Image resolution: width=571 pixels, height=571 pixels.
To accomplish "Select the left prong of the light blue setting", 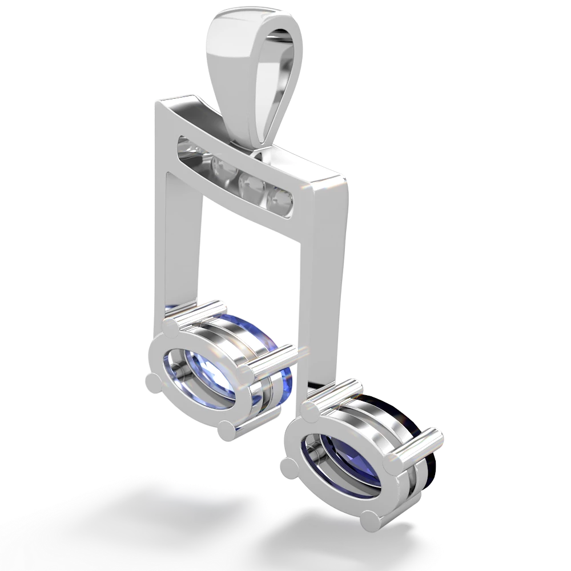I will coord(151,380).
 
